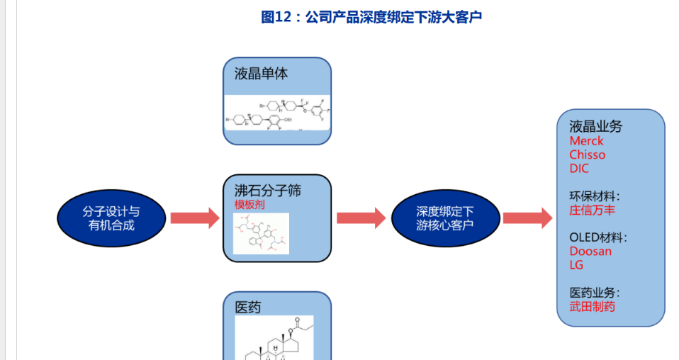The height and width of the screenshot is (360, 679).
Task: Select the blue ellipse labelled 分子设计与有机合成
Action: tap(111, 218)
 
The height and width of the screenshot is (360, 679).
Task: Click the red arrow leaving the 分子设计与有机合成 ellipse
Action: tap(194, 218)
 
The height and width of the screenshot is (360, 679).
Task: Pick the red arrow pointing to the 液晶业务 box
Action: tap(527, 218)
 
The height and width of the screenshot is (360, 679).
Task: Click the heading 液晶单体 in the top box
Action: tap(261, 73)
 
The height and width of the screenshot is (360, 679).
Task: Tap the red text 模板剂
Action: tap(249, 204)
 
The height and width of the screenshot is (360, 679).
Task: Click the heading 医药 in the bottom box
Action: tap(248, 307)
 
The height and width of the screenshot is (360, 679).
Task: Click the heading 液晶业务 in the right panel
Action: tap(595, 126)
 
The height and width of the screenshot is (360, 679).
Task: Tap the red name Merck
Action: tap(586, 140)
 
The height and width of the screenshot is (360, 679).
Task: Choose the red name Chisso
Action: tap(587, 154)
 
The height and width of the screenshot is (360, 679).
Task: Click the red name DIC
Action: tap(579, 169)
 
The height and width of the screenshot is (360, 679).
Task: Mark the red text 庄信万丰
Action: tap(593, 210)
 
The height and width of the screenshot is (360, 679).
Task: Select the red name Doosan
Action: tap(590, 251)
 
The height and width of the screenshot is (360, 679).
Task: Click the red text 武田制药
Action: tap(593, 306)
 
